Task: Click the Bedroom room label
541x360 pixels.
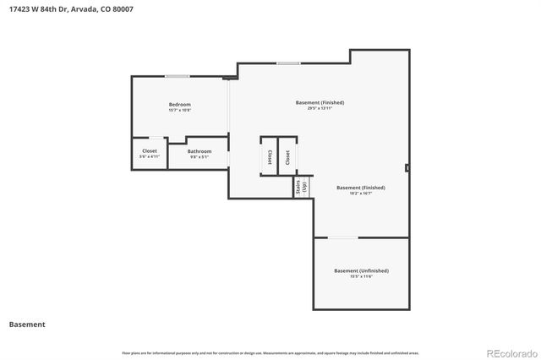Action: tap(179, 105)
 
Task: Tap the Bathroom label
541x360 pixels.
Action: tap(199, 151)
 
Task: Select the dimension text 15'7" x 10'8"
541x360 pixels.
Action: tap(179, 111)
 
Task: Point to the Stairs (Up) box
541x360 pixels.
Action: tap(302, 188)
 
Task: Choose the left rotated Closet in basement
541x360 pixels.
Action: tap(269, 156)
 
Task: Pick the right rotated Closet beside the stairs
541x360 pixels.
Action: tap(288, 156)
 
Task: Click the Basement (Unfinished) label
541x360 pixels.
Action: tap(361, 270)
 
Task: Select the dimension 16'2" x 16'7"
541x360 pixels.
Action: tap(361, 194)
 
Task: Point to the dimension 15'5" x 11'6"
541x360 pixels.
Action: tap(361, 276)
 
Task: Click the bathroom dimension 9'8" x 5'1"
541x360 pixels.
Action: tap(199, 157)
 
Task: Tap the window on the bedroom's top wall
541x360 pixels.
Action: tap(177, 77)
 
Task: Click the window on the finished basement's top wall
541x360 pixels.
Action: tap(289, 63)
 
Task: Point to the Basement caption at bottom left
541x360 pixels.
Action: tap(27, 324)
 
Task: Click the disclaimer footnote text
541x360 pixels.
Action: tap(270, 352)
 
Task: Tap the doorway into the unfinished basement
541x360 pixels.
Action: tap(342, 237)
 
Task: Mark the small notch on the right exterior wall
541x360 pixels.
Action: tap(407, 167)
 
